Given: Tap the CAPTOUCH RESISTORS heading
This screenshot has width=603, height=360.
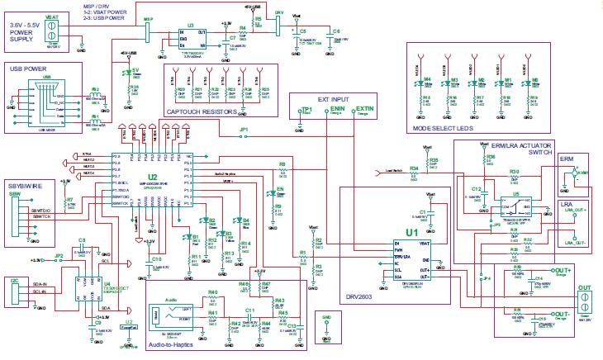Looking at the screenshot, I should (x=202, y=111).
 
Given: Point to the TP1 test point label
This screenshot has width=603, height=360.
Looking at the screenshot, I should (x=306, y=110).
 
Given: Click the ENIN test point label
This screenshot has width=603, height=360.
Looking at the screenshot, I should (x=337, y=109).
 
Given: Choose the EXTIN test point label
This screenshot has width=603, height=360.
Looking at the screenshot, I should (x=365, y=109).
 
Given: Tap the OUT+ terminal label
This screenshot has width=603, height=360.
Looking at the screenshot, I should (x=563, y=271).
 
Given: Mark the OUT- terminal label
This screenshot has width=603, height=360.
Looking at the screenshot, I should (x=563, y=315).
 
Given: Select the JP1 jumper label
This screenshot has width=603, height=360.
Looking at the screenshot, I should (x=244, y=130).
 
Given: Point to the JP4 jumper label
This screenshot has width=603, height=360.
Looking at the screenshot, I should (x=487, y=278).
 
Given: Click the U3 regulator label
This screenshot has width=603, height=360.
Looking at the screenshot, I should (x=190, y=26).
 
